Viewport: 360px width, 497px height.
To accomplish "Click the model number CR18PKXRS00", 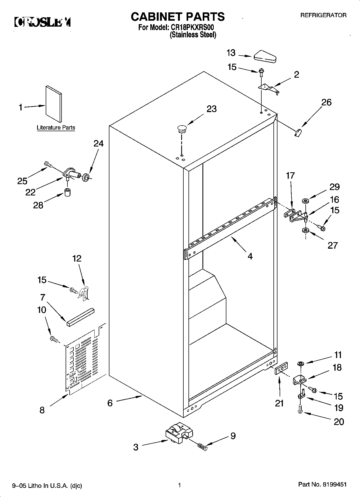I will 192,27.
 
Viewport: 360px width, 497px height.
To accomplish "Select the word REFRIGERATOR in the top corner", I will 323,15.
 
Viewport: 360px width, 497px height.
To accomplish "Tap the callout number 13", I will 231,53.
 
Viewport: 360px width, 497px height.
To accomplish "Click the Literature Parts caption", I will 56,128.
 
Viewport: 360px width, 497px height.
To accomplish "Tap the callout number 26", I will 326,102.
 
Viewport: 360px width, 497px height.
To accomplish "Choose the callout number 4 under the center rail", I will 250,256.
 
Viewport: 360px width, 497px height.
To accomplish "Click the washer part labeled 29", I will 305,201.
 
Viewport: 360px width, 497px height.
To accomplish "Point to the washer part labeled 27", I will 305,230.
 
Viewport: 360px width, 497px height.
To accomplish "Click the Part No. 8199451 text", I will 322,485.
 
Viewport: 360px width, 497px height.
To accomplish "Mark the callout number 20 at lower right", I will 339,421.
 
